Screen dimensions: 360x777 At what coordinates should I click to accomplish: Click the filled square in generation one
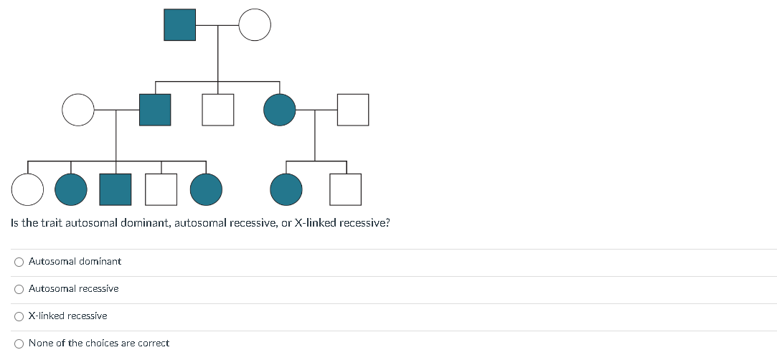[x=179, y=25]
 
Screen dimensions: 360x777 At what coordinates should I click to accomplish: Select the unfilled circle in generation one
[x=255, y=25]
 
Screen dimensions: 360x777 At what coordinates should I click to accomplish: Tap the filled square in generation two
[x=155, y=110]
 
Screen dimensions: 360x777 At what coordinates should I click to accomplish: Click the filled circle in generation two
[x=280, y=110]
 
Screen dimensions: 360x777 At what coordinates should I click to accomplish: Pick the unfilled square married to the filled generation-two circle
[x=353, y=110]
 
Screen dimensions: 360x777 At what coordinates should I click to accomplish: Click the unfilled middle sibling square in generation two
[x=218, y=110]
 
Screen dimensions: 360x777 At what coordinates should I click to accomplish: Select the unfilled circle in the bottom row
[x=27, y=189]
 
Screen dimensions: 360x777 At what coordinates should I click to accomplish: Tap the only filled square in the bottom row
[x=116, y=189]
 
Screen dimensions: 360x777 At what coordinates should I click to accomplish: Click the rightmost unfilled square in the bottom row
[x=345, y=189]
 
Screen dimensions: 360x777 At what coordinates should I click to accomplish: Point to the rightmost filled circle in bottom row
[x=286, y=189]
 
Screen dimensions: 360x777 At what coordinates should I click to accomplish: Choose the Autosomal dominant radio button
[x=19, y=262]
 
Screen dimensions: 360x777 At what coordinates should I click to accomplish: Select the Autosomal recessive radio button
[x=19, y=289]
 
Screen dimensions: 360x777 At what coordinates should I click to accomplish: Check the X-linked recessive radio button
[x=19, y=316]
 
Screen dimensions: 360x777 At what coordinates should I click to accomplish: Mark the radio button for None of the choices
[x=19, y=344]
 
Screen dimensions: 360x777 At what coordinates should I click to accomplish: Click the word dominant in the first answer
[x=100, y=262]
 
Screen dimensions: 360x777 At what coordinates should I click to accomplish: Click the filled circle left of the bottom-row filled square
[x=71, y=189]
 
